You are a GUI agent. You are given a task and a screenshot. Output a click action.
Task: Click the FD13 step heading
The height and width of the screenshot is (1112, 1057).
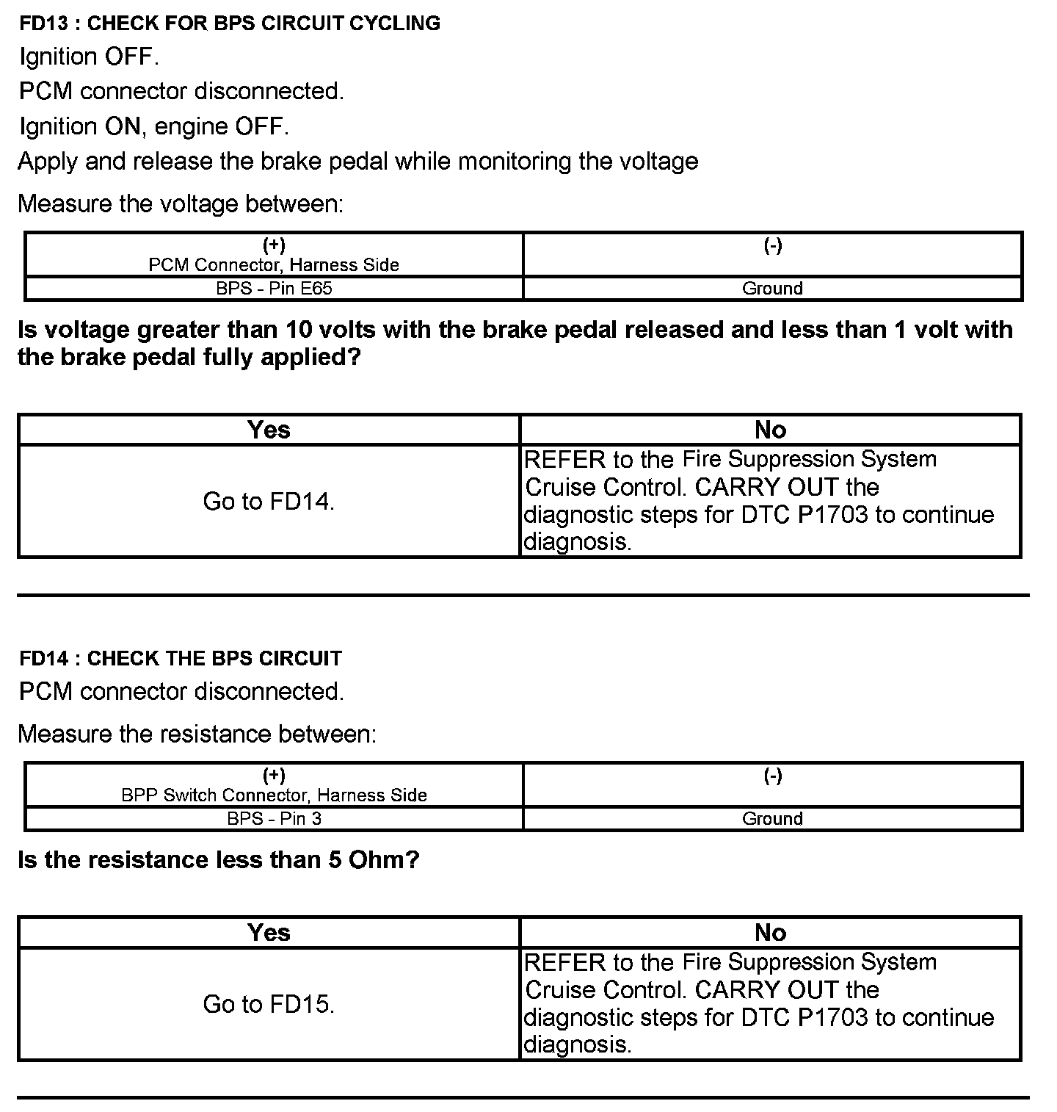pos(230,24)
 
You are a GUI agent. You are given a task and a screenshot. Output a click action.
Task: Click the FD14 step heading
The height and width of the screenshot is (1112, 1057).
pos(181,658)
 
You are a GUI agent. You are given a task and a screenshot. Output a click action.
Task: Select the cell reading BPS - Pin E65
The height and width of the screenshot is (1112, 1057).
pos(274,289)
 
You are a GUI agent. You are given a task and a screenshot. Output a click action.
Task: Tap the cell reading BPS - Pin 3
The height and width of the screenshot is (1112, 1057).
pos(274,819)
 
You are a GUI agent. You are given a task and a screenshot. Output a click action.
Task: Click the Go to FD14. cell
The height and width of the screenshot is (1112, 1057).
pos(269,502)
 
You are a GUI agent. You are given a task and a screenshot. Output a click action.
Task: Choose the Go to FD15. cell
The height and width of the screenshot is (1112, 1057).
pos(269,1004)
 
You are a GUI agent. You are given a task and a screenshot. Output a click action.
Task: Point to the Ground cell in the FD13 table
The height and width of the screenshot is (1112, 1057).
pos(772,289)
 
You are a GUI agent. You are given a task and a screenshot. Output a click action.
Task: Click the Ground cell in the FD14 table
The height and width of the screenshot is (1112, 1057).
pos(772,819)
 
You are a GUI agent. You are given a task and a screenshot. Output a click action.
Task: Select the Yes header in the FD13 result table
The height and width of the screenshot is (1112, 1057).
pos(269,430)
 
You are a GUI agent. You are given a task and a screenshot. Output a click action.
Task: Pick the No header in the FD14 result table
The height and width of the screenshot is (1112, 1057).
pos(770,933)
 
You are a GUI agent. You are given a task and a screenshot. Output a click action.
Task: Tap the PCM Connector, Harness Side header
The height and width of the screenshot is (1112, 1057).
pos(274,265)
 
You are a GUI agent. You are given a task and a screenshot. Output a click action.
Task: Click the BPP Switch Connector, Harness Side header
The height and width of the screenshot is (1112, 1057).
pos(274,795)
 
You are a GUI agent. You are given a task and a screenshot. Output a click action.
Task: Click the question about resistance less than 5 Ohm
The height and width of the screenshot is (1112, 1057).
pos(218,860)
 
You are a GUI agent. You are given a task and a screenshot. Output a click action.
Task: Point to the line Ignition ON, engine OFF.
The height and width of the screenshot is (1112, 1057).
pos(154,126)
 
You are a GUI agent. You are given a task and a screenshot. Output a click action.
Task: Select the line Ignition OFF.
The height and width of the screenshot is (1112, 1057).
pos(89,57)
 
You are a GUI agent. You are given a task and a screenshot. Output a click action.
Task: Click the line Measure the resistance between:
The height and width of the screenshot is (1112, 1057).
pos(197,734)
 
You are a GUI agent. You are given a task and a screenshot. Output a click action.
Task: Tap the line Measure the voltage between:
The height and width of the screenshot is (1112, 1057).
pos(181,203)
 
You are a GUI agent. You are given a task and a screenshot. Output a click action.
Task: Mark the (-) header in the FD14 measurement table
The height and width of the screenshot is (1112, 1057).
pos(772,776)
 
